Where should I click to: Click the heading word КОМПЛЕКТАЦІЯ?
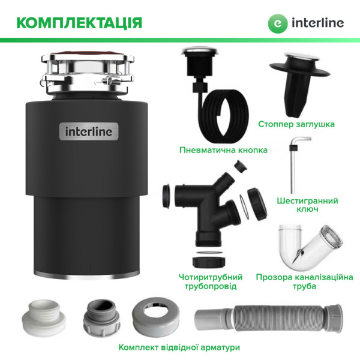[79, 23]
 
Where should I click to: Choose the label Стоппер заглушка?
[296, 124]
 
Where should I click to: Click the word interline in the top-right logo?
[318, 23]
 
